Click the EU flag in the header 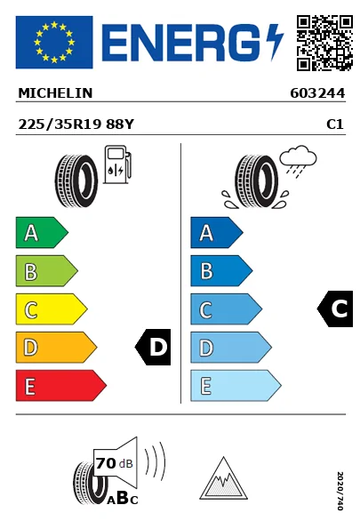click(x=54, y=42)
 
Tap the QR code click(x=324, y=43)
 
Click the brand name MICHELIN click(x=55, y=93)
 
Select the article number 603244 click(x=317, y=93)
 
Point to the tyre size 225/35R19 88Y click(x=76, y=124)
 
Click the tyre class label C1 click(x=335, y=124)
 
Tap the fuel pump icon click(x=117, y=164)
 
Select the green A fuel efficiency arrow click(x=42, y=232)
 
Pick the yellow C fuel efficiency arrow click(x=52, y=309)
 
